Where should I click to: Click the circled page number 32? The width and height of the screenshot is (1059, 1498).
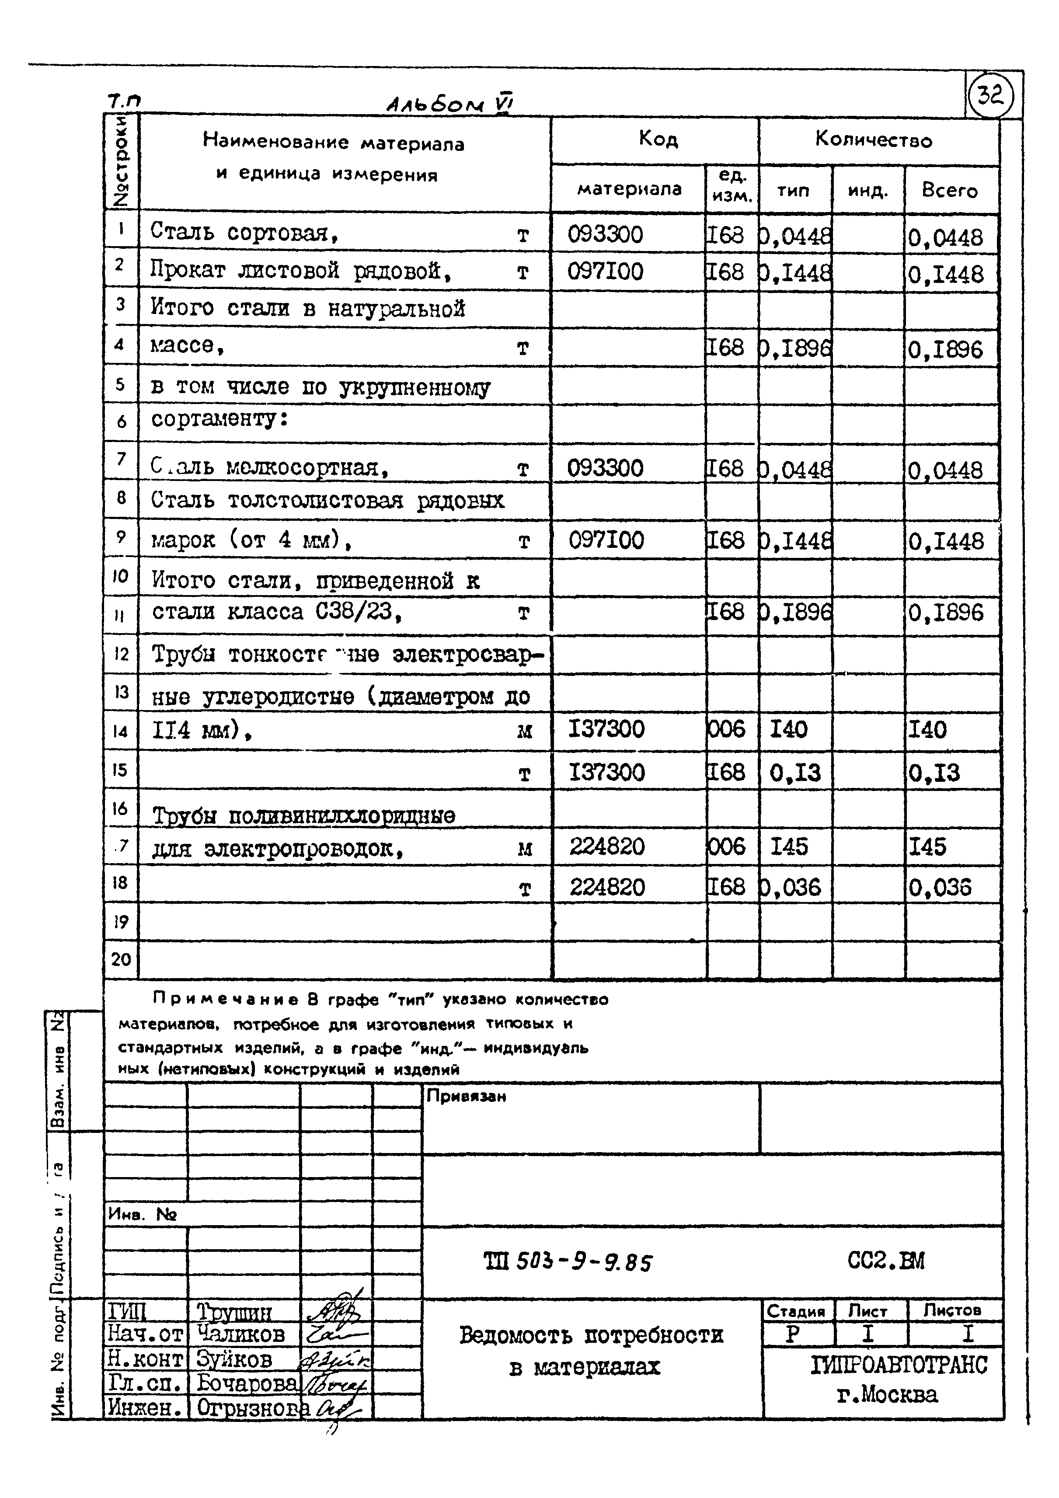tap(990, 97)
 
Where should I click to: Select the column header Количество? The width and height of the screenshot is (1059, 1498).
tap(874, 139)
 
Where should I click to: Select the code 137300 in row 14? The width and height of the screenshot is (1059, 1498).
tap(607, 729)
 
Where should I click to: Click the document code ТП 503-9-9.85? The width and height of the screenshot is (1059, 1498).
tap(568, 1262)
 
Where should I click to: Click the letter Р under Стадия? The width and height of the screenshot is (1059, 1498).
tap(793, 1334)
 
